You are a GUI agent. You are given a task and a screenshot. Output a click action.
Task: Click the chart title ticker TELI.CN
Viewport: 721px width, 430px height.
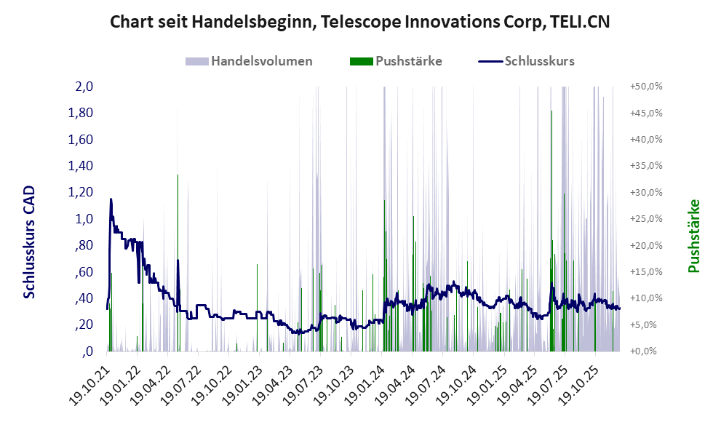(578, 23)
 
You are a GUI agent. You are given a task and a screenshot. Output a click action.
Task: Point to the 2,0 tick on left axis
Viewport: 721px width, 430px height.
(84, 87)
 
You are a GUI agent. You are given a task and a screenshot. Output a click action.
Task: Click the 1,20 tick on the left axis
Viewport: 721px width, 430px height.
(81, 192)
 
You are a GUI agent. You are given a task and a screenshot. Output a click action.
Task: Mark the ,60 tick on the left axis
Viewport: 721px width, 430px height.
(83, 271)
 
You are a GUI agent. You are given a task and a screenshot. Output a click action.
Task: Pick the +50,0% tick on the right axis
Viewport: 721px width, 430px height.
(646, 87)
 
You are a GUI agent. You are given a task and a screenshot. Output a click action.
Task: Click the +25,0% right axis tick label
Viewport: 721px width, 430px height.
(646, 218)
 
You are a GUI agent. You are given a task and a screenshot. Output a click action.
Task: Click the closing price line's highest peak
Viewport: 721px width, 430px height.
(111, 199)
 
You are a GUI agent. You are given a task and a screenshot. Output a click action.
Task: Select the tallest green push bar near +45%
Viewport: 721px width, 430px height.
(551, 111)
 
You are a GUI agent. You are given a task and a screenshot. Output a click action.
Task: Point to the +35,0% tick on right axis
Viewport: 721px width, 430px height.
(646, 166)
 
